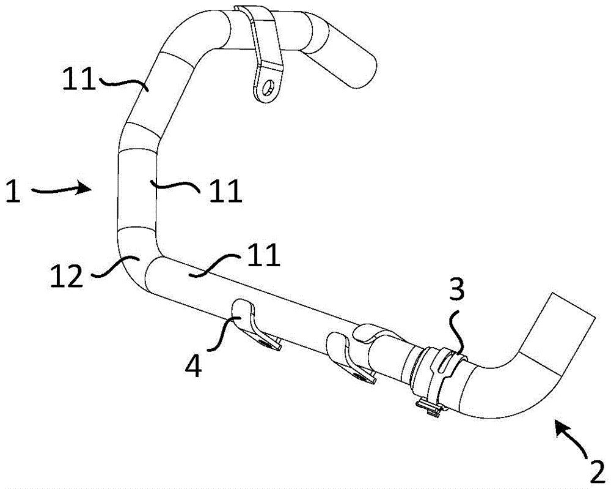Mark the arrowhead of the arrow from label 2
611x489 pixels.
coord(561,426)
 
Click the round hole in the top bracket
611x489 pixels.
coord(268,88)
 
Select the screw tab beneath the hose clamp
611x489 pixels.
coord(431,406)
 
